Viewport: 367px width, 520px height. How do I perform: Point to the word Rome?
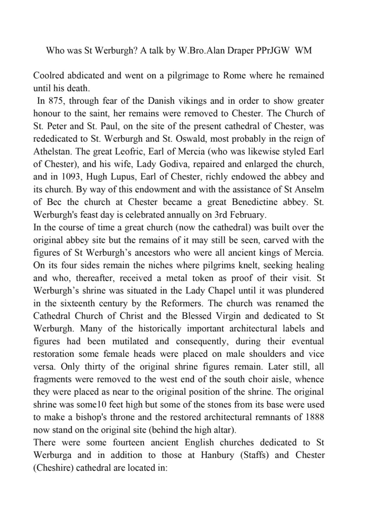coord(235,76)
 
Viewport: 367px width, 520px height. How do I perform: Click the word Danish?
coord(161,101)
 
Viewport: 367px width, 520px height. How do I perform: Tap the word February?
coord(248,215)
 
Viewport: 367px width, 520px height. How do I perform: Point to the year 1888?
coord(315,417)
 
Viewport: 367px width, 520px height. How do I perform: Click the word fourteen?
coord(128,442)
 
